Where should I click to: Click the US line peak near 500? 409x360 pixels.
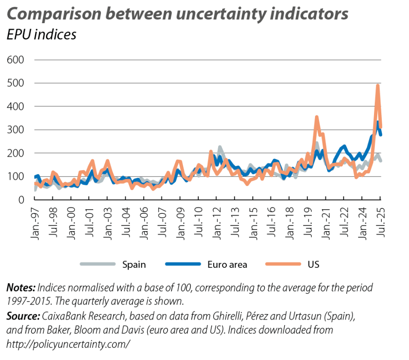point(377,86)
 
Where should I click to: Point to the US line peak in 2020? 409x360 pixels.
point(317,117)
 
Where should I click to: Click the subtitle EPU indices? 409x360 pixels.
point(41,35)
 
